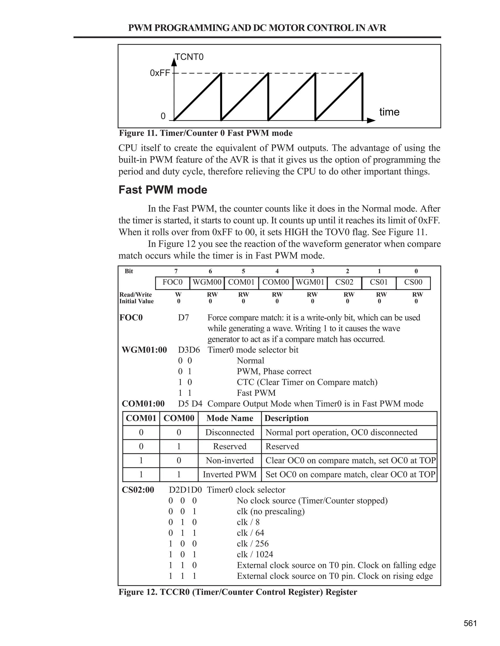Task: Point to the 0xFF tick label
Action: (x=160, y=73)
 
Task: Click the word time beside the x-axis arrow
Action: (x=389, y=112)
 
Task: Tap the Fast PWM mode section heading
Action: (x=163, y=190)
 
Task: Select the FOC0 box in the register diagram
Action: (x=173, y=282)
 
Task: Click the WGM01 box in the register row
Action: (x=310, y=282)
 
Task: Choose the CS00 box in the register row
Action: (x=413, y=282)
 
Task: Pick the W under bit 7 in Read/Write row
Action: (x=178, y=295)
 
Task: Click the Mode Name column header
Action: (x=229, y=418)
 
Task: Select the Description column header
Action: (x=286, y=418)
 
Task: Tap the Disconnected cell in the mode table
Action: (x=229, y=432)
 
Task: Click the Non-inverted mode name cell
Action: (x=229, y=460)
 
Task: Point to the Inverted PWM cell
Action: (x=229, y=474)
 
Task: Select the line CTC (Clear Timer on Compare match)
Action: (x=307, y=382)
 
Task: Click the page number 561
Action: (x=470, y=623)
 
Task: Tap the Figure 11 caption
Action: (x=206, y=133)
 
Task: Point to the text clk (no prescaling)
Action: (x=271, y=511)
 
